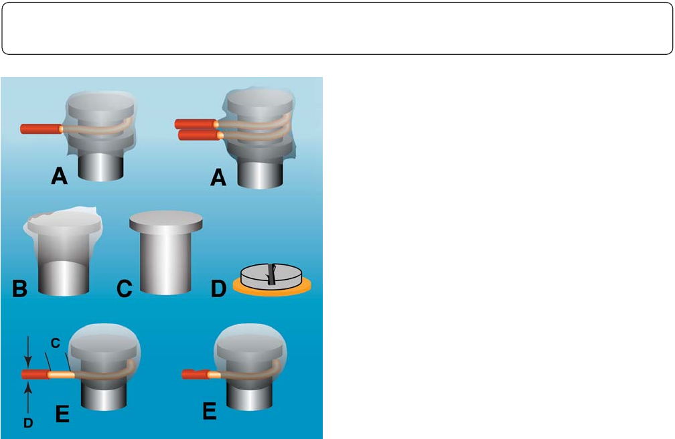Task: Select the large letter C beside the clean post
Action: pyautogui.click(x=125, y=290)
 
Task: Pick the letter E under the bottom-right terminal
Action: pyautogui.click(x=210, y=410)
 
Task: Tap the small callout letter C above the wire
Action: pyautogui.click(x=56, y=343)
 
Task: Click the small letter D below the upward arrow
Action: pyautogui.click(x=27, y=422)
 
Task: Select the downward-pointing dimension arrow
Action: pyautogui.click(x=27, y=351)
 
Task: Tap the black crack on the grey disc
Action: pyautogui.click(x=271, y=274)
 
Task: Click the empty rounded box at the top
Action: pyautogui.click(x=337, y=27)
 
